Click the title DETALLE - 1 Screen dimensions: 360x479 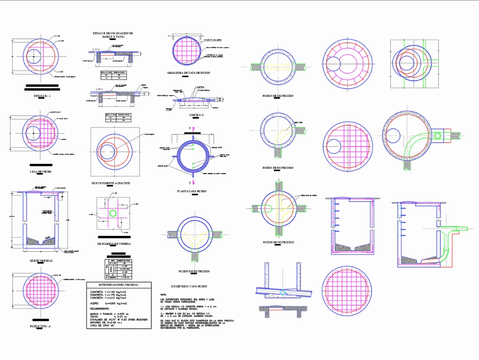pyautogui.click(x=42, y=96)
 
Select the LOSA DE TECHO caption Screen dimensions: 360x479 pyautogui.click(x=42, y=171)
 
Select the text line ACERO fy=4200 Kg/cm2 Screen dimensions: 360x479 pyautogui.click(x=109, y=303)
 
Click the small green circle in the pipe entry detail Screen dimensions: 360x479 pyautogui.click(x=113, y=213)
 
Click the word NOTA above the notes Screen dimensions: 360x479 pyautogui.click(x=163, y=294)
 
